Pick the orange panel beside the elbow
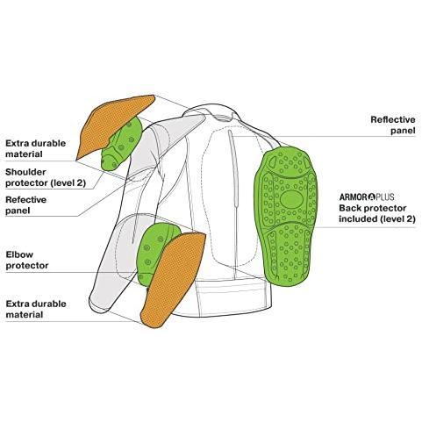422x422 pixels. pyautogui.click(x=173, y=278)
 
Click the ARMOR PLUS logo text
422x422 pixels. pyautogui.click(x=367, y=197)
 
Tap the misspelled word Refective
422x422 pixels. pyautogui.click(x=25, y=200)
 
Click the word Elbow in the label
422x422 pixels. pyautogui.click(x=19, y=254)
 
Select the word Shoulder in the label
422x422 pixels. pyautogui.click(x=25, y=172)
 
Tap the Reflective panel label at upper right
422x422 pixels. pyautogui.click(x=393, y=125)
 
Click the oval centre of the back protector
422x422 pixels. pyautogui.click(x=290, y=199)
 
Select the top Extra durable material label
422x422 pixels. pyautogui.click(x=35, y=148)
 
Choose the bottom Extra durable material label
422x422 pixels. pyautogui.click(x=36, y=309)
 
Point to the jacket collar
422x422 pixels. pyautogui.click(x=212, y=112)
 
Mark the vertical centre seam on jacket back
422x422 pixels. pyautogui.click(x=233, y=204)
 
